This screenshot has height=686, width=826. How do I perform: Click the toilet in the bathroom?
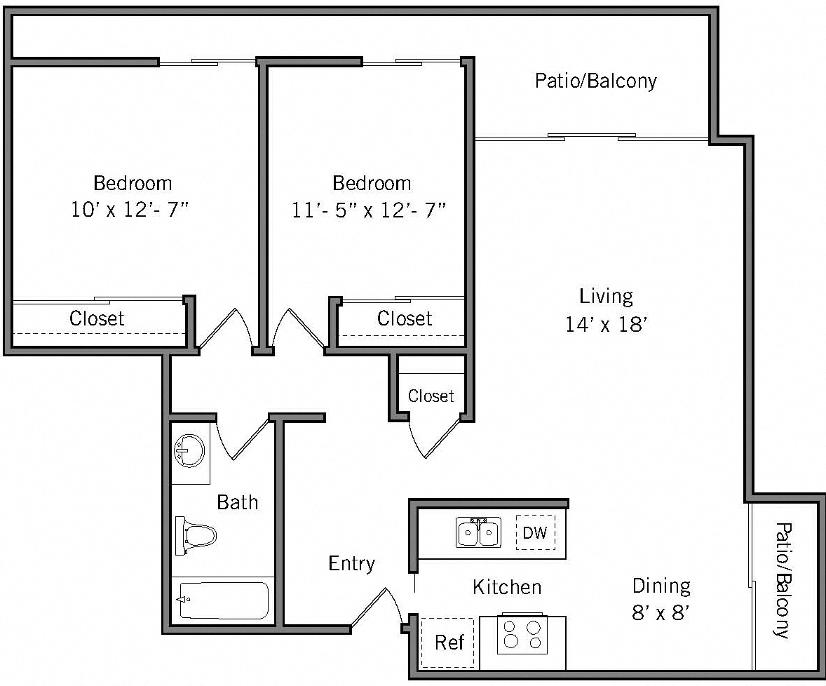coord(196,536)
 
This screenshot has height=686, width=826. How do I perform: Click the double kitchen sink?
coord(479,532)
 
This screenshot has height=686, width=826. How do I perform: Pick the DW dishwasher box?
coord(535,532)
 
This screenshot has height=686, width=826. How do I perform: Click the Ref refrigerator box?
coord(449,642)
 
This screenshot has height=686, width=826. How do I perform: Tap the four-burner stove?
coord(522,635)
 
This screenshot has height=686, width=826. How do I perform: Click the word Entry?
coord(351,563)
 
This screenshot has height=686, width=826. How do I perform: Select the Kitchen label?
coord(506,586)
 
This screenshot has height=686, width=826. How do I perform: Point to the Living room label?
coord(606,296)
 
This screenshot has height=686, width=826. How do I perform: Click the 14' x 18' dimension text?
coord(606,325)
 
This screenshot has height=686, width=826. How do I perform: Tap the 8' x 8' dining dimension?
coord(662,613)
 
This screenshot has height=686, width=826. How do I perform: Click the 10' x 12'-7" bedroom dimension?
coord(132,210)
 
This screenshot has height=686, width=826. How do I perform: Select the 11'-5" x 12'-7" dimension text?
coord(370,210)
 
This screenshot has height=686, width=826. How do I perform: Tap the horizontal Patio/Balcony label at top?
coord(595,81)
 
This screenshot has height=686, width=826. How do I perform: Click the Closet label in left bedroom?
coord(97,318)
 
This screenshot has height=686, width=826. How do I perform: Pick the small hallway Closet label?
coord(431,396)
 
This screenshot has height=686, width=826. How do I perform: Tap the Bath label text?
coord(237,502)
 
